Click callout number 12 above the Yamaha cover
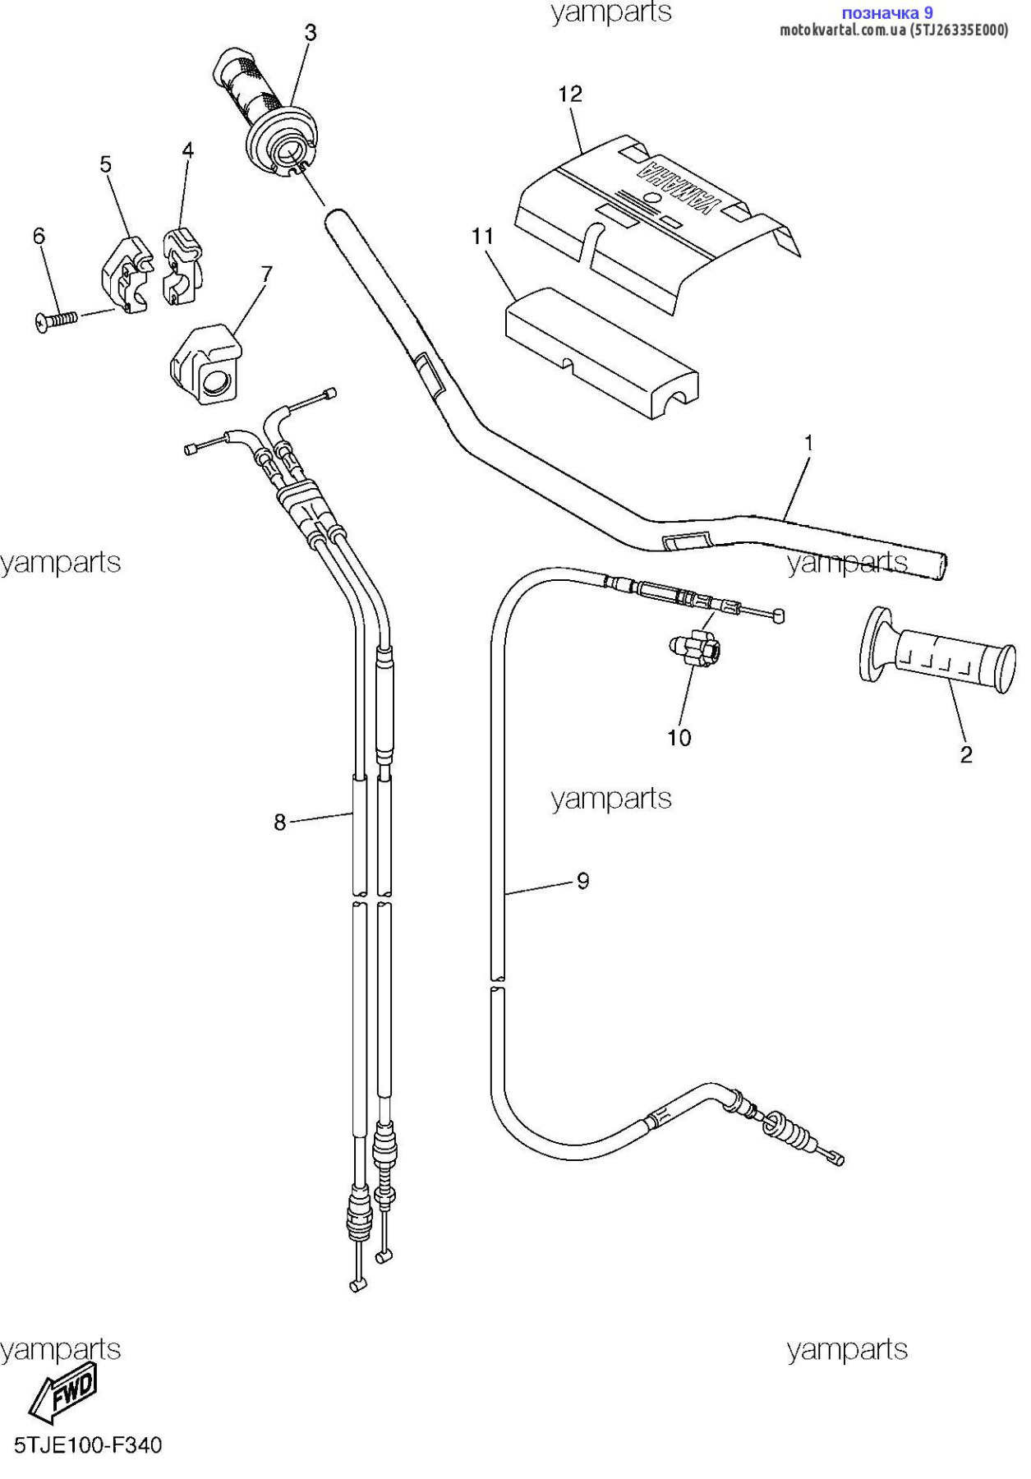(x=570, y=94)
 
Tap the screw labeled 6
(x=56, y=320)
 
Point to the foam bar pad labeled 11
(x=601, y=352)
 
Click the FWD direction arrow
(x=63, y=1391)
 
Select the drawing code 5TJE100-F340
(x=88, y=1444)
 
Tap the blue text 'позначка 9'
(x=887, y=12)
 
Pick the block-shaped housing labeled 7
(x=206, y=364)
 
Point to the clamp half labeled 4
(x=182, y=266)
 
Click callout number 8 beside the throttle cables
(x=279, y=822)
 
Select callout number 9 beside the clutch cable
(x=582, y=881)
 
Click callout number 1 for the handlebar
(x=808, y=443)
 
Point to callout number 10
(x=679, y=738)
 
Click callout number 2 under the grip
(x=966, y=754)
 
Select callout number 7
(x=266, y=274)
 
